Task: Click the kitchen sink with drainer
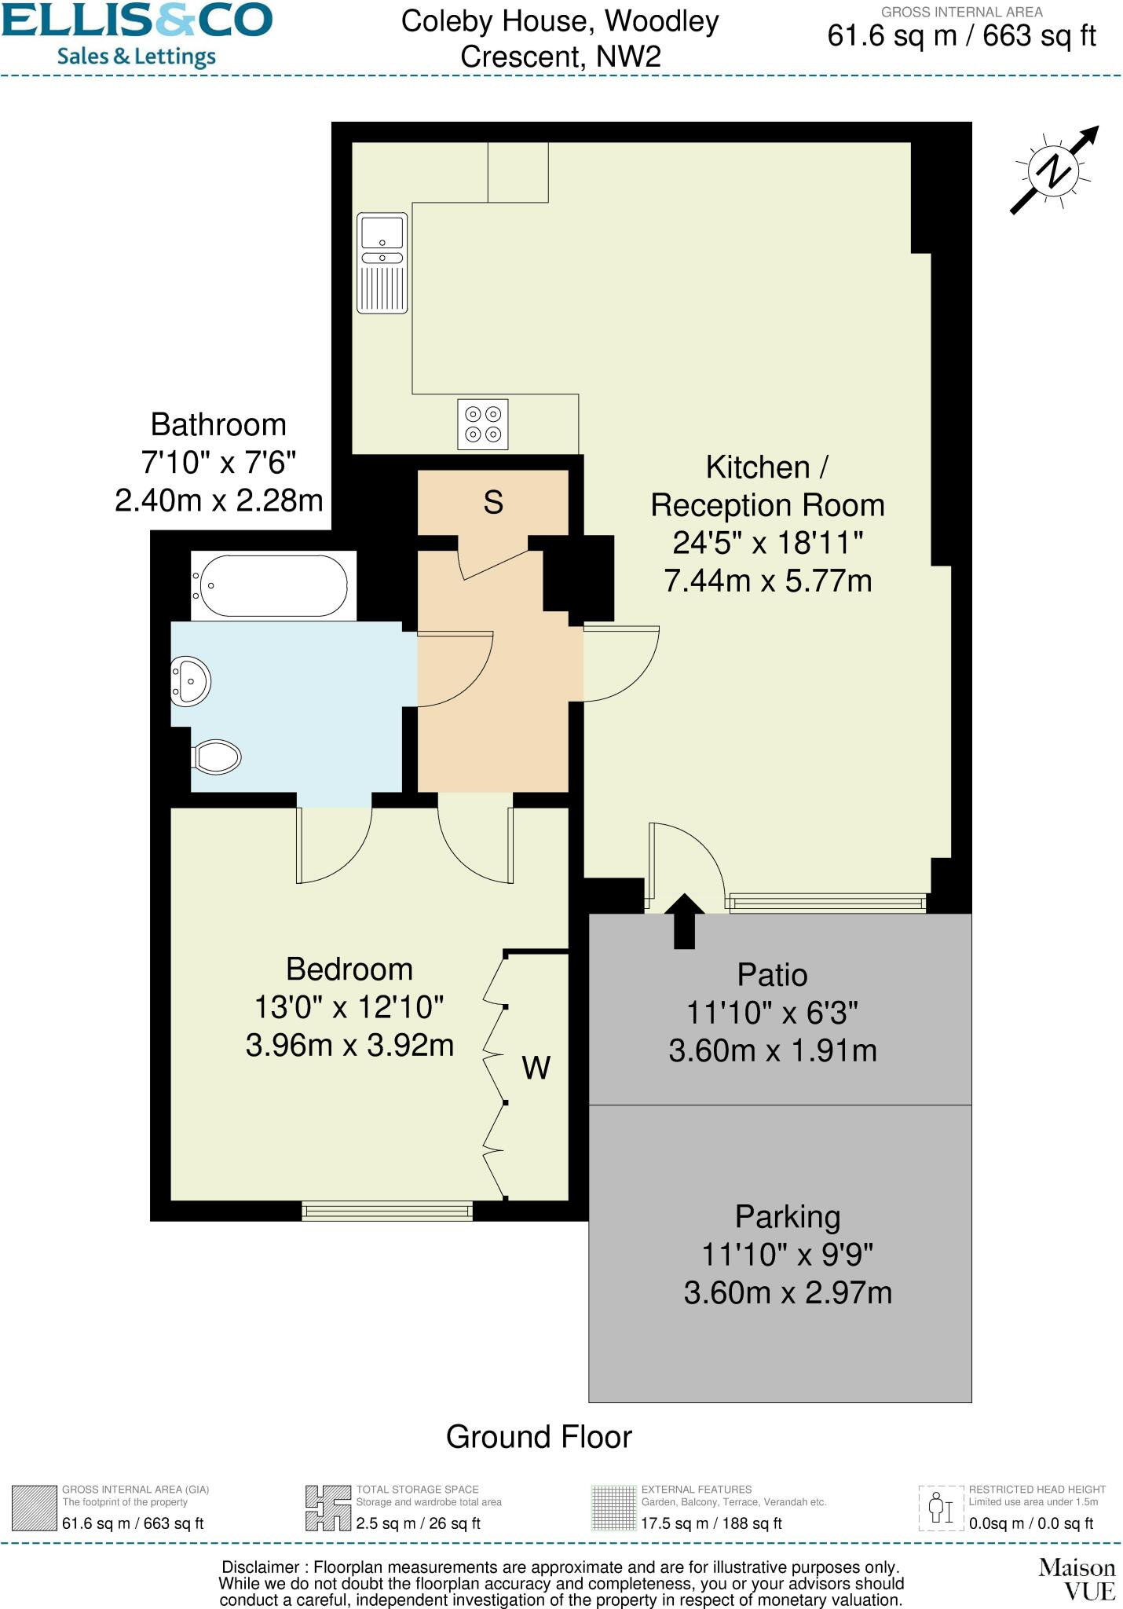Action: coord(382,263)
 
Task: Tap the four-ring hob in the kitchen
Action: coord(483,424)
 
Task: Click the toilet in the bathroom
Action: coord(217,757)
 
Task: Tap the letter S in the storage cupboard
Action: coord(493,502)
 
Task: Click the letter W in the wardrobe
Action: coord(536,1068)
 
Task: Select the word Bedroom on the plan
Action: coord(349,969)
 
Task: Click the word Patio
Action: coord(772,975)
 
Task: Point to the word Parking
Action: coord(788,1217)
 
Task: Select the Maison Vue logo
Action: coord(1077,1579)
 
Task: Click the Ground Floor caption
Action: coord(539,1438)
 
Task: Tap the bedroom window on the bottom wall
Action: coord(387,1211)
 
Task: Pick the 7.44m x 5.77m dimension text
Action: coord(768,581)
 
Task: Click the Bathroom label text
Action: coord(218,424)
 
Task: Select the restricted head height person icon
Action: coord(941,1508)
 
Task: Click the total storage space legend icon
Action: coord(328,1508)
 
